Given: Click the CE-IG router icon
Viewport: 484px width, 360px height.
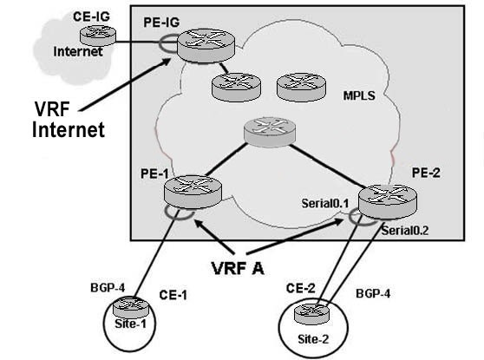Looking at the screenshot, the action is pyautogui.click(x=98, y=36).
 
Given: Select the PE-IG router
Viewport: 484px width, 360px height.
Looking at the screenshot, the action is pyautogui.click(x=206, y=46).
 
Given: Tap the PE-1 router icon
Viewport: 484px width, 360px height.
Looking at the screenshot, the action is pyautogui.click(x=193, y=192).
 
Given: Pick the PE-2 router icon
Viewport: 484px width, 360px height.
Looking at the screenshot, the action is pyautogui.click(x=388, y=201).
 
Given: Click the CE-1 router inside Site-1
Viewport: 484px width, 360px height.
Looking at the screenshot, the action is pyautogui.click(x=131, y=307).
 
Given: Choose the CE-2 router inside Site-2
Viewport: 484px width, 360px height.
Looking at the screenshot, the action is pyautogui.click(x=311, y=313).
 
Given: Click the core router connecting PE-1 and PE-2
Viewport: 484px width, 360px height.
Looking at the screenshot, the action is pyautogui.click(x=270, y=132).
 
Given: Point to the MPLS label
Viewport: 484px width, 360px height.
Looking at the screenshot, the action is pyautogui.click(x=359, y=95).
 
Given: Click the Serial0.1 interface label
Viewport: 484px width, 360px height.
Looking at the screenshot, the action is pyautogui.click(x=325, y=203).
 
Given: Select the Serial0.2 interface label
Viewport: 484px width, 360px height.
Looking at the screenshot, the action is pyautogui.click(x=405, y=231).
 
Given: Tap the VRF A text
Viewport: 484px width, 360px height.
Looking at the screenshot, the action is pyautogui.click(x=238, y=268).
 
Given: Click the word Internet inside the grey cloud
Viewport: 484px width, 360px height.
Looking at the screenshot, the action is pyautogui.click(x=78, y=51).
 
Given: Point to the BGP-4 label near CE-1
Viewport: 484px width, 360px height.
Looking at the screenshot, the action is pyautogui.click(x=108, y=288).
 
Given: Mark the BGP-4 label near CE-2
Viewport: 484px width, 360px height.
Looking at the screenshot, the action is pyautogui.click(x=373, y=293).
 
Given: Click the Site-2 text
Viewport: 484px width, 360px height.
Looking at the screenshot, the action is pyautogui.click(x=313, y=339).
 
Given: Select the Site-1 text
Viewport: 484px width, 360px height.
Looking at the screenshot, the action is pyautogui.click(x=130, y=324).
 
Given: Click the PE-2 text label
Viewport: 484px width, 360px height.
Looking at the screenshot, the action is pyautogui.click(x=426, y=173).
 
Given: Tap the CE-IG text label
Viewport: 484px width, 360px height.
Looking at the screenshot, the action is pyautogui.click(x=91, y=16).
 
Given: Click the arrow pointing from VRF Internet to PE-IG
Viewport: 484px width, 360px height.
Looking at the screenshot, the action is pyautogui.click(x=125, y=84).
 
